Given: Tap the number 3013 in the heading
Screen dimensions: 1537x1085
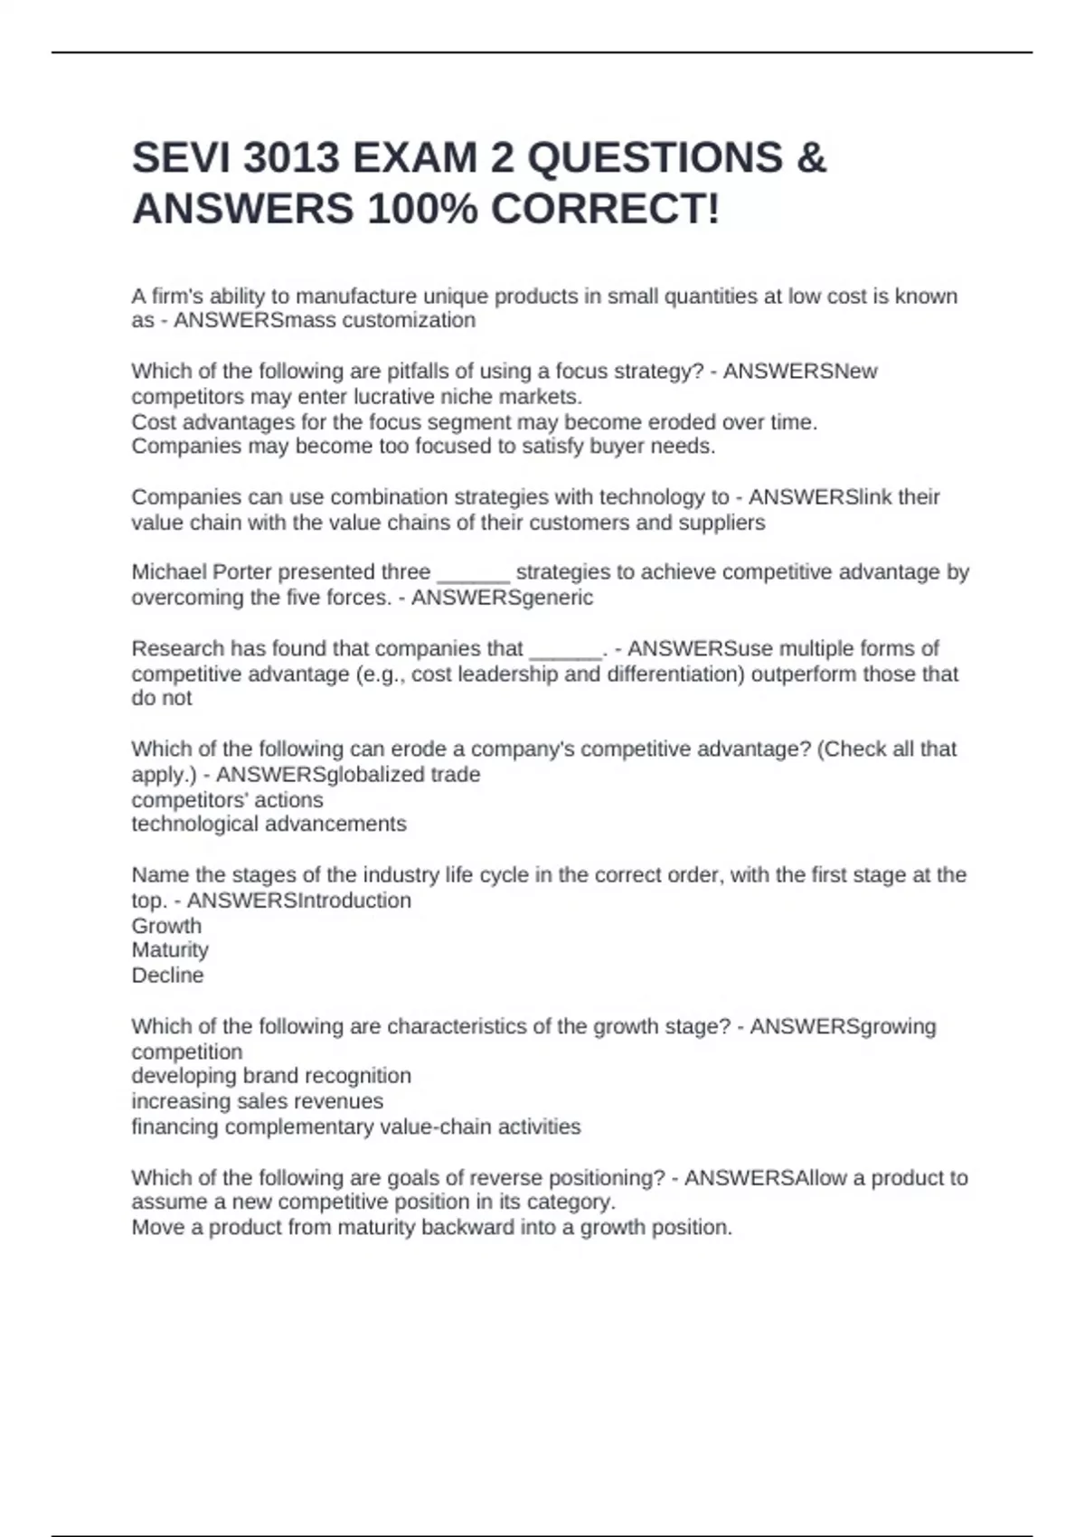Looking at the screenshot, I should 291,158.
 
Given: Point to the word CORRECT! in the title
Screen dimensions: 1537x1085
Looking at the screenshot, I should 605,210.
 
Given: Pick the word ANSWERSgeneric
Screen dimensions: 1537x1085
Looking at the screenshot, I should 502,598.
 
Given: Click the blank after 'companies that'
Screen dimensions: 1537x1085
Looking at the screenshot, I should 565,650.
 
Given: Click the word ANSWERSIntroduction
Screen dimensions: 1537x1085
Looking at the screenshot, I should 298,901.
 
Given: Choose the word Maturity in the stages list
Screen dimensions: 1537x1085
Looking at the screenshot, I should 170,950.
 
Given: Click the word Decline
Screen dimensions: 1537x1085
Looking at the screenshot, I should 167,976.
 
